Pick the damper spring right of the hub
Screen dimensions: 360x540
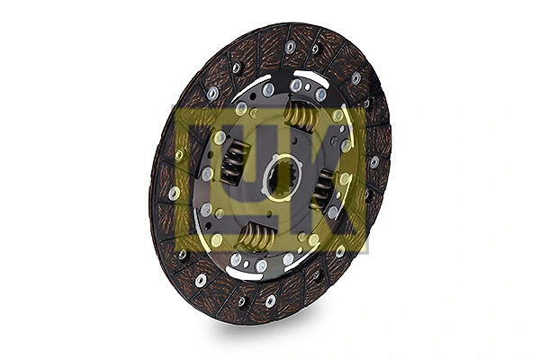[x=321, y=188]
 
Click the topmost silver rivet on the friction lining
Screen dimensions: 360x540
[x=290, y=46]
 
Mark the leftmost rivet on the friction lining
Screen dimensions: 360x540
[x=173, y=193]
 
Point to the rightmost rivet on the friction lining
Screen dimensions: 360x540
[x=374, y=162]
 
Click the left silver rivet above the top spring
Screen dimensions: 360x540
[x=296, y=85]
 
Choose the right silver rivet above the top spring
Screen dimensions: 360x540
[x=320, y=94]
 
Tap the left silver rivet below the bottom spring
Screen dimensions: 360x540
[x=236, y=259]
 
